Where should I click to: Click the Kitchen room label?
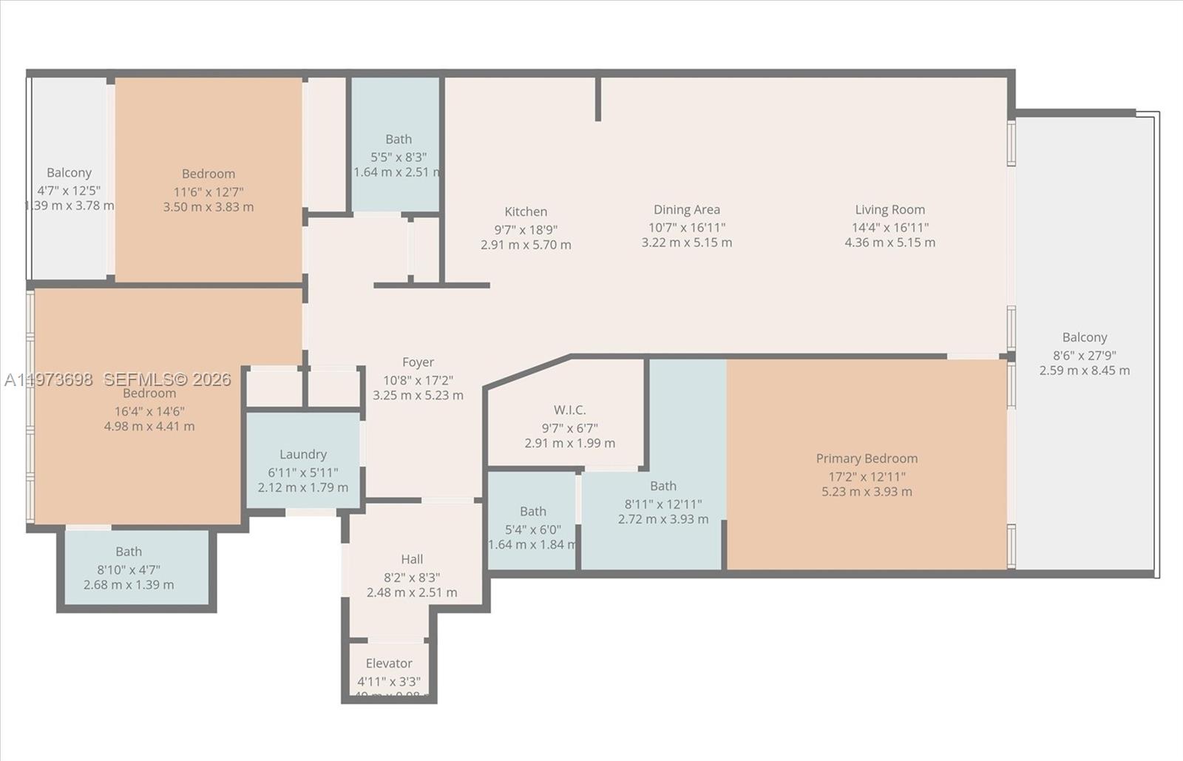coord(526,212)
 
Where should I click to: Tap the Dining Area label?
coord(686,210)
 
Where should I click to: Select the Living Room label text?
coord(889,210)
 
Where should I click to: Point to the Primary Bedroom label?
coord(867,459)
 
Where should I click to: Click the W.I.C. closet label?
coord(569,410)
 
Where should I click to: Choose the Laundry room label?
coord(302,454)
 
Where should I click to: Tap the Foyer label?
coord(418,362)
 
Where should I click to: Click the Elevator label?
coord(389,663)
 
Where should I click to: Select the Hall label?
coord(412,559)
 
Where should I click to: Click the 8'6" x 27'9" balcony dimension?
coord(1085,355)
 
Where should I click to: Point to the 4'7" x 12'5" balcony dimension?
coord(69,190)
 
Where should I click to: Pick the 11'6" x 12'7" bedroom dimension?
coord(209,192)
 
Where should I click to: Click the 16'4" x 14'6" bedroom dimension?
coord(149,411)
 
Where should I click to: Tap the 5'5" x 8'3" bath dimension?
coord(399,157)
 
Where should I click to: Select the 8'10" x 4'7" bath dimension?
coord(129,569)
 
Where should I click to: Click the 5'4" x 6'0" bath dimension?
coord(532,530)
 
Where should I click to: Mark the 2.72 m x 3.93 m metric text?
coord(663,519)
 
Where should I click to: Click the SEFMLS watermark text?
coord(167,379)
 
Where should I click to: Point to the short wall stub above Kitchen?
coord(598,98)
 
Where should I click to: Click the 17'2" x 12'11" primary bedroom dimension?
coord(867,476)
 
